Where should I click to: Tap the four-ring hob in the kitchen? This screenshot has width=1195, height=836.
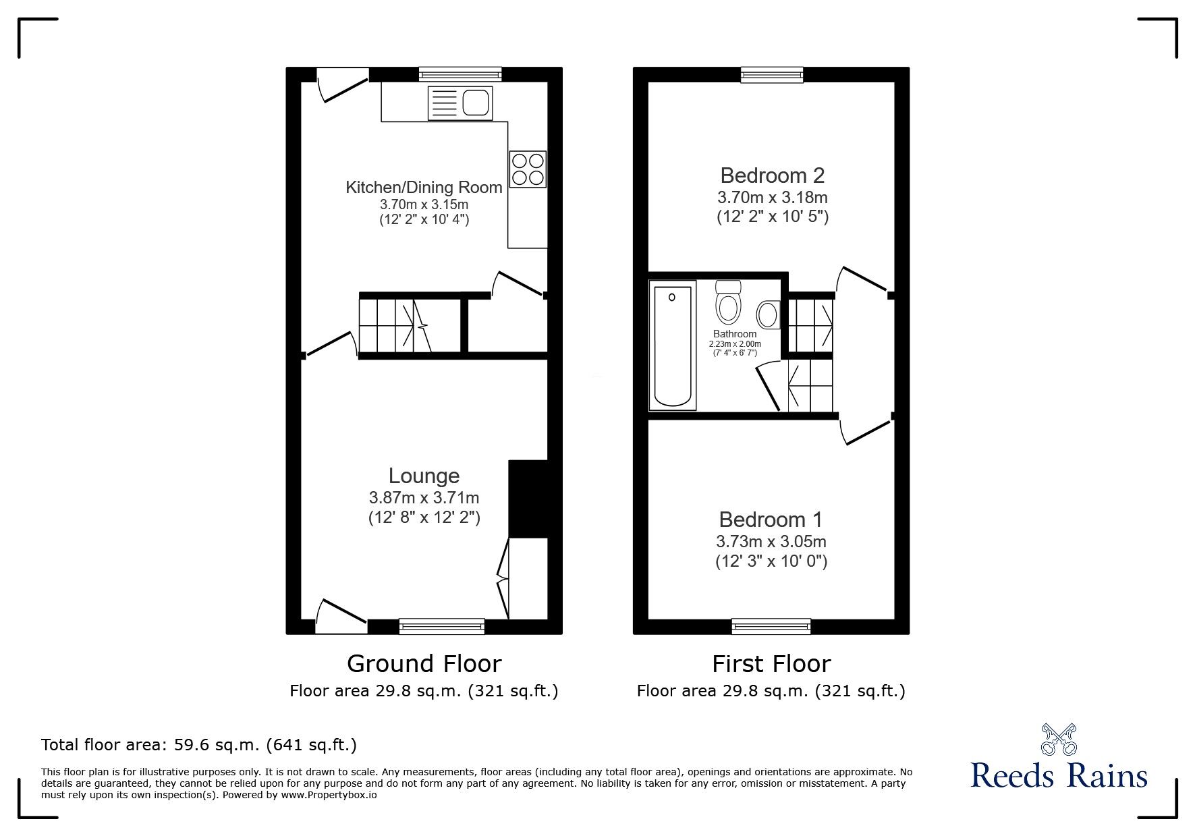click(x=528, y=169)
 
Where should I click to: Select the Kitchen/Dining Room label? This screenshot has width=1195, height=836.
click(x=424, y=187)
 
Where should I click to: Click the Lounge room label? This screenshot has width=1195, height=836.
click(x=424, y=476)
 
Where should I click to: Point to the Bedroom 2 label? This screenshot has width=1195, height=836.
click(x=772, y=175)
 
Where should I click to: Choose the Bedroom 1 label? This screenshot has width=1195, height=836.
click(x=771, y=520)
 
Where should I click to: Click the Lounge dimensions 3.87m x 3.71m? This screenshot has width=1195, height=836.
click(x=424, y=498)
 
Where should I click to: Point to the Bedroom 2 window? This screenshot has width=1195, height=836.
click(x=772, y=74)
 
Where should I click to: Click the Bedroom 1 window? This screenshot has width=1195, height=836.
click(x=771, y=627)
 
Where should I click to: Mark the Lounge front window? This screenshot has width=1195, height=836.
click(x=442, y=627)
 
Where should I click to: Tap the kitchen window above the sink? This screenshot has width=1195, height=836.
click(x=460, y=74)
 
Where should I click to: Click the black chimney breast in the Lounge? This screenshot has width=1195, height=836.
click(x=528, y=499)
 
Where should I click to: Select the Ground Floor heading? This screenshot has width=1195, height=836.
click(x=424, y=664)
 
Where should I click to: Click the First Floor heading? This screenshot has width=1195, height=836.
click(x=771, y=664)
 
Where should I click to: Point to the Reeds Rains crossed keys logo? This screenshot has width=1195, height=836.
click(x=1059, y=740)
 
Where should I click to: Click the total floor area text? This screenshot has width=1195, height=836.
click(x=199, y=745)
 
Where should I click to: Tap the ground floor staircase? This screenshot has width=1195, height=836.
click(x=395, y=326)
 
